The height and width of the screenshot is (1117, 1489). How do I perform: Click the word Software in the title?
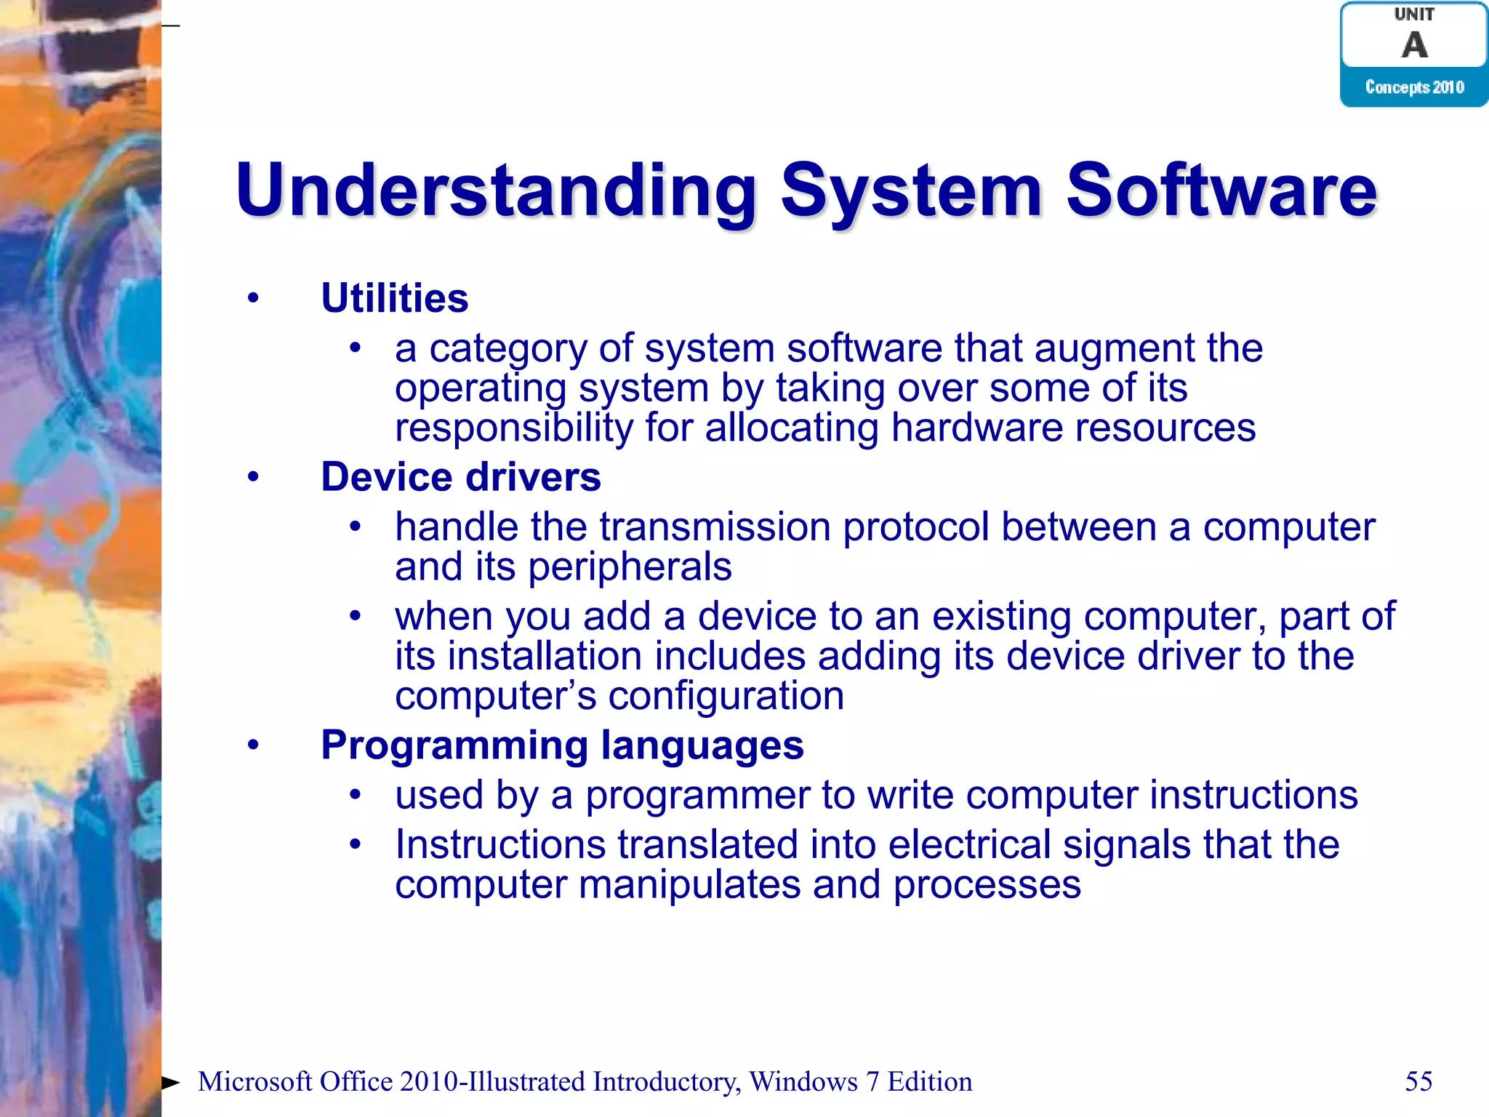coord(1221,191)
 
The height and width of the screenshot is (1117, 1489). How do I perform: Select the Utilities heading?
coord(395,298)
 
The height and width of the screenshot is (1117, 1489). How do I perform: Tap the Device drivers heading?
coord(461,477)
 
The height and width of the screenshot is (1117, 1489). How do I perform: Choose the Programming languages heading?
coord(562,745)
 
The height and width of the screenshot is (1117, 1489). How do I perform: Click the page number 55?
coord(1418,1081)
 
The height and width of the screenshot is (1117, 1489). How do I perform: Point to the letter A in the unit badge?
coord(1414,45)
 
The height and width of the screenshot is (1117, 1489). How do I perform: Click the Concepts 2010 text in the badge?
coord(1414,87)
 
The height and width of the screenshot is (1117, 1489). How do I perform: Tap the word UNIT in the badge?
coord(1414,15)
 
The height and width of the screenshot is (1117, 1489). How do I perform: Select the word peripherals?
coord(630,567)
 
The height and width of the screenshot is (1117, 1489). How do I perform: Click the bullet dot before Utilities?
coord(253,297)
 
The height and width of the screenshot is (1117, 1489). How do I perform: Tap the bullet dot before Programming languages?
coord(253,745)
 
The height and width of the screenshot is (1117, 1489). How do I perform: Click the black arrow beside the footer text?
coord(170,1082)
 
